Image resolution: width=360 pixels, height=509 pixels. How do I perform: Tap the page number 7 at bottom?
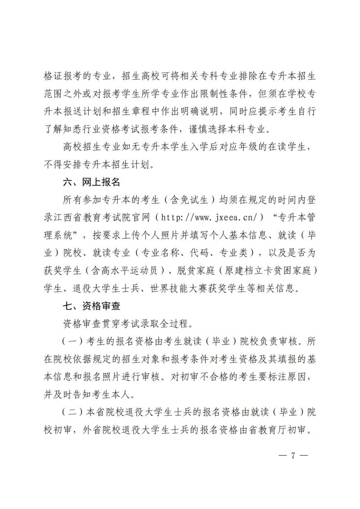click(x=292, y=455)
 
